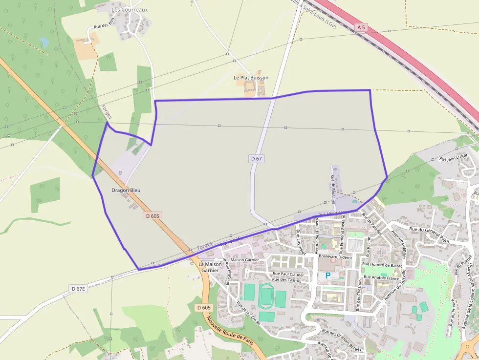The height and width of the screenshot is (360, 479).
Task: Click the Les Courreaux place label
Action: [x=130, y=9]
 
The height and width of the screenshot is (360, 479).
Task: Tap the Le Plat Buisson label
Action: [x=251, y=78]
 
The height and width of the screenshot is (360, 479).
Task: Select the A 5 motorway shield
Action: [x=361, y=28]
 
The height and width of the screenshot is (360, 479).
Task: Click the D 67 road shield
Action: [x=257, y=159]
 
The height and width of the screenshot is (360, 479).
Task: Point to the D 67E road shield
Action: [x=78, y=289]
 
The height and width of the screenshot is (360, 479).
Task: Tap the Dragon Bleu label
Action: [x=122, y=190]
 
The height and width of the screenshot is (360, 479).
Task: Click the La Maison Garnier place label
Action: [x=210, y=267]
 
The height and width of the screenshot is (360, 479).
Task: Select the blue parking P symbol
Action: [x=327, y=276]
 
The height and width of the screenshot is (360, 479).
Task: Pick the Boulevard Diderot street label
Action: [x=335, y=256]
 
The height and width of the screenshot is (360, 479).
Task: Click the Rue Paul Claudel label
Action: [x=288, y=275]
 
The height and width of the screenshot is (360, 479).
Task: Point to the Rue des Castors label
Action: [x=287, y=280]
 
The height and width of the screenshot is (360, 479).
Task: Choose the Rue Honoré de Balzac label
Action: [x=382, y=265]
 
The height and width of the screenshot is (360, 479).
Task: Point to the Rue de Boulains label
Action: [x=333, y=189]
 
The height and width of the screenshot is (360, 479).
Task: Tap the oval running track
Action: [x=267, y=296]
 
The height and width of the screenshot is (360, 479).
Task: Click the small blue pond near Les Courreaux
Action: [x=44, y=42]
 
